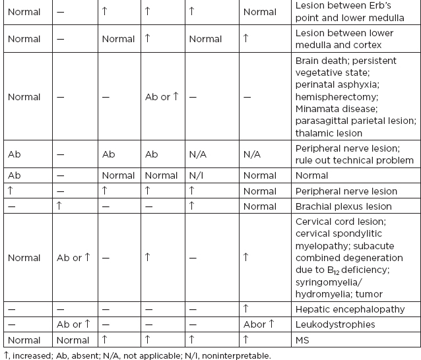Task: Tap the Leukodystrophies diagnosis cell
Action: coord(335,324)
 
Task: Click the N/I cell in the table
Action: coord(196,175)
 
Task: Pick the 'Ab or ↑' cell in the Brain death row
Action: coord(162,97)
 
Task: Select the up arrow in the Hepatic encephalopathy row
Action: coord(246,308)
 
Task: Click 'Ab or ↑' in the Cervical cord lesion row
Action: coord(73,258)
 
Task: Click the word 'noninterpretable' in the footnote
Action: coord(235,355)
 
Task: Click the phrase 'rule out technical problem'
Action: coord(354,160)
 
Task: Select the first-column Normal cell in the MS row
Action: coord(24,340)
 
